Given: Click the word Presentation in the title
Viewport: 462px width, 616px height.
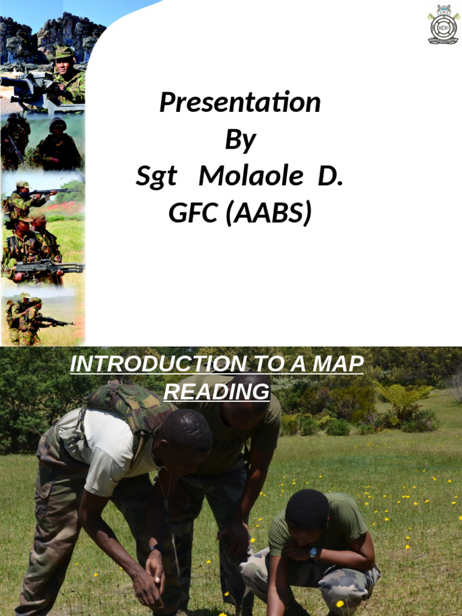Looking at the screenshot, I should point(240,103).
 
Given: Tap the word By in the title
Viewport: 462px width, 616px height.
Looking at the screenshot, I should point(240,140).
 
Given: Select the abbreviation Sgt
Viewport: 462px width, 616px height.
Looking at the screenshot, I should point(156,177).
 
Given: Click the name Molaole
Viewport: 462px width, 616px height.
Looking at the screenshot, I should point(250,177).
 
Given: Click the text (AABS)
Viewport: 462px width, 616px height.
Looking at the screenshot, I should point(269,214).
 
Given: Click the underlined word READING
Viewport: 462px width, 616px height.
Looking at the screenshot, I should point(217,392).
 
